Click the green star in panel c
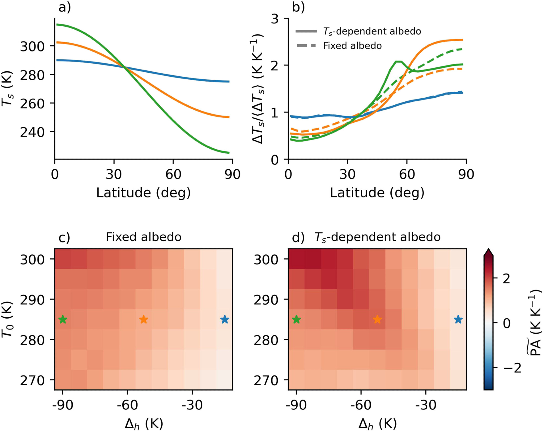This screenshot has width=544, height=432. pos(63,319)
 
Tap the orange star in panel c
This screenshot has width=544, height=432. pos(144,319)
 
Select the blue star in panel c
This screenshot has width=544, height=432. pos(225,319)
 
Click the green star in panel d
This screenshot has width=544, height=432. pos(296,319)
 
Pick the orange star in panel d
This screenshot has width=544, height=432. pos(377,319)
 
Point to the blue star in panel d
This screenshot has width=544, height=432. pos(458,319)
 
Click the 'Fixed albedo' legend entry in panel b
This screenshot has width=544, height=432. pos(352,46)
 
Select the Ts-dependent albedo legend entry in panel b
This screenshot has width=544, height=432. pos(372,31)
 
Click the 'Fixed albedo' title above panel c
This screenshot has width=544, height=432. pos(143,237)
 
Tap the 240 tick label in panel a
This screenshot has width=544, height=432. pos(32,132)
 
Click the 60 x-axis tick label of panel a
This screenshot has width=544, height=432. pos(173,174)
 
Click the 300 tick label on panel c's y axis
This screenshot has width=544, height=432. pos(32,260)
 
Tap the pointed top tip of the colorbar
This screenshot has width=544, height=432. pos(489,250)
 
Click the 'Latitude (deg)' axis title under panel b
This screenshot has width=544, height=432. pos(377,193)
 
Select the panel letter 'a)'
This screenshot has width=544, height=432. pos(65,7)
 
